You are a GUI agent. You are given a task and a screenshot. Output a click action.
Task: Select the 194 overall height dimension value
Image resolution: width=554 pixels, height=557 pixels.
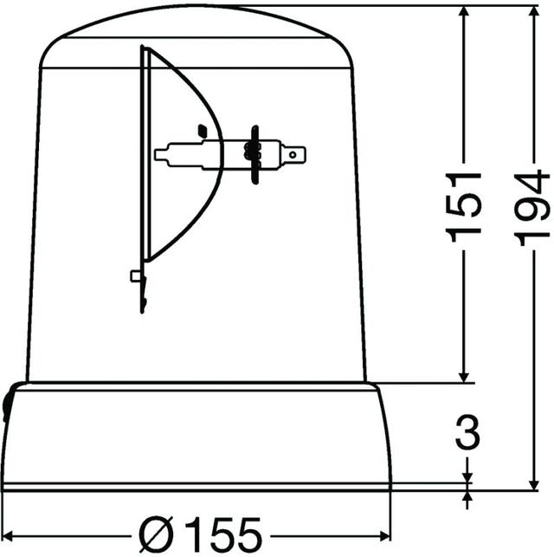coord(529,208)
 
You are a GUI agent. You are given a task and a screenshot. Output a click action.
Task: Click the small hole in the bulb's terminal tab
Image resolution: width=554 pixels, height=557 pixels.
coord(299,156)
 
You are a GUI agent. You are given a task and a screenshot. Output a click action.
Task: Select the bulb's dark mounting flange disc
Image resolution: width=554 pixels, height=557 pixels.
coord(254,154)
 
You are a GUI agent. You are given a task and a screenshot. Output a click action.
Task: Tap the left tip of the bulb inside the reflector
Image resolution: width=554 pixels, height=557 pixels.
coord(158,156)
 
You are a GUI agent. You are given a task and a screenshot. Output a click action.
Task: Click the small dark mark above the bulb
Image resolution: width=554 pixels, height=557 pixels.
coord(202,130)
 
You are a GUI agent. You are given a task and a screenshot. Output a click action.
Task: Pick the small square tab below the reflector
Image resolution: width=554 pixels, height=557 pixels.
coord(135,275)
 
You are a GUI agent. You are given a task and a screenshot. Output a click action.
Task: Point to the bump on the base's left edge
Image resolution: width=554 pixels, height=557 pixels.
coord(7,404)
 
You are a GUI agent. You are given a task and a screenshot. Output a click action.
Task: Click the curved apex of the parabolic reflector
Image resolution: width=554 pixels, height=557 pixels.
coord(220,156)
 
